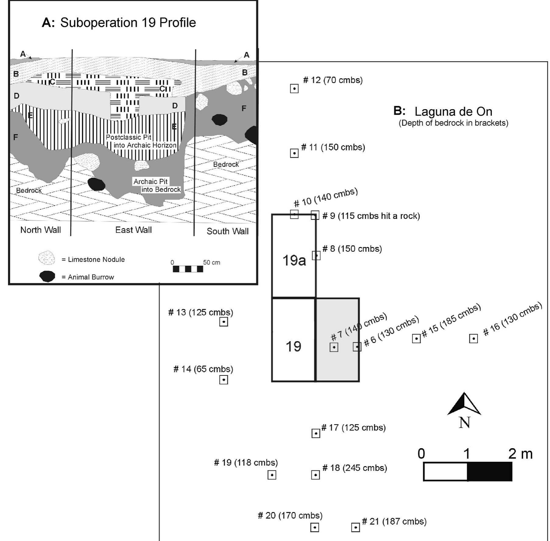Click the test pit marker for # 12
click(294, 89)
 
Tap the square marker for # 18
click(315, 475)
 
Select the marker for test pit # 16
click(473, 338)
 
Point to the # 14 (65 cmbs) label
click(203, 369)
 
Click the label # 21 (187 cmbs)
click(394, 521)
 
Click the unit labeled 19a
click(294, 260)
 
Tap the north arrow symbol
click(464, 406)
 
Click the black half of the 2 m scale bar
click(489, 471)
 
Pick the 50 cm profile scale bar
click(188, 269)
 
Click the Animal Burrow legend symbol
click(47, 276)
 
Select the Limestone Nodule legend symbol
click(47, 258)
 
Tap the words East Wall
click(133, 230)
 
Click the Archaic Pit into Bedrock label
click(157, 186)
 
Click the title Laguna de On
click(453, 112)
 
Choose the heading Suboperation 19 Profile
click(128, 23)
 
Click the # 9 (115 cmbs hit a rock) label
click(371, 216)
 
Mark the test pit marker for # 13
click(224, 322)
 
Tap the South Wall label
click(227, 231)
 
